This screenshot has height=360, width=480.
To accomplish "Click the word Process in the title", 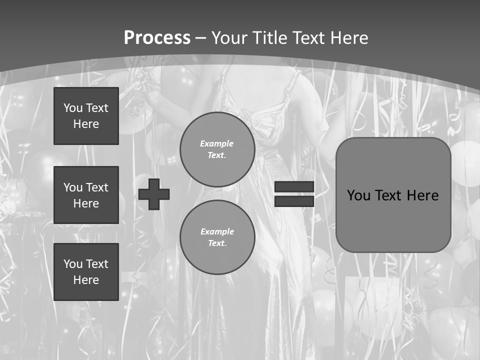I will (157, 38).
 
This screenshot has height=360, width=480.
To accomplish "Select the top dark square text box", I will (86, 116).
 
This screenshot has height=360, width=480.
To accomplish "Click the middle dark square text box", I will (86, 195).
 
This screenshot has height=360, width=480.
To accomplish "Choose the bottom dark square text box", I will (86, 272).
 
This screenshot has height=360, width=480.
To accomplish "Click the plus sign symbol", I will (154, 194).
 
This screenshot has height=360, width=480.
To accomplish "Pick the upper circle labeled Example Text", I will (217, 149).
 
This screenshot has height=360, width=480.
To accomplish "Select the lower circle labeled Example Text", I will (217, 237).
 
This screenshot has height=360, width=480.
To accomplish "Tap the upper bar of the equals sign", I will (294, 186).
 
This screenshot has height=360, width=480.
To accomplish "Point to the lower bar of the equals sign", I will (294, 201).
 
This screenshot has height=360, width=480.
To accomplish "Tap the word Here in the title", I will (348, 38).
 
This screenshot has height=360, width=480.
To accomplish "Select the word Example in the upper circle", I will (216, 143).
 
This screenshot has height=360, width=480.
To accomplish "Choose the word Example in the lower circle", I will (217, 231).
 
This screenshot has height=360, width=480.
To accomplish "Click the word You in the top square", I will (73, 108).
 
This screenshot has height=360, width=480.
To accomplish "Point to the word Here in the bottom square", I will (86, 280).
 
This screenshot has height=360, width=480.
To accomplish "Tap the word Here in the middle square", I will (86, 203).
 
